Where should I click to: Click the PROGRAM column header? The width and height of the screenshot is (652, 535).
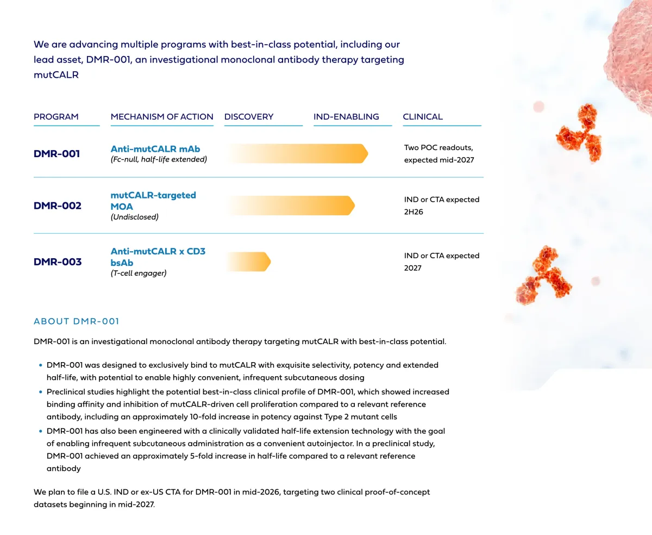tap(56, 117)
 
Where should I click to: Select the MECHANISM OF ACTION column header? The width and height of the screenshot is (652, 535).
tap(162, 117)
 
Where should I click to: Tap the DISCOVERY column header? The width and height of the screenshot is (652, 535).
tap(249, 117)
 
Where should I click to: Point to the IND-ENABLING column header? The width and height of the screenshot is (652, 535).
tap(346, 117)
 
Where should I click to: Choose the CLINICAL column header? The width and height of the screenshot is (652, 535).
tap(423, 117)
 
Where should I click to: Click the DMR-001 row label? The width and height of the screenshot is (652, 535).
tap(57, 154)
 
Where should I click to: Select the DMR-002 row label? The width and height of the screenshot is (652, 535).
tap(58, 206)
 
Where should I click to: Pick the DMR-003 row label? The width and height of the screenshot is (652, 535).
tap(58, 262)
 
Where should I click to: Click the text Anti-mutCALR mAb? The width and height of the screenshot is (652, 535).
tap(155, 149)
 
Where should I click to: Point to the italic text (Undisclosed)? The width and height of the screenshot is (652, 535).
tap(135, 217)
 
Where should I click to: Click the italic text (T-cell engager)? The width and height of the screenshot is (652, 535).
tap(139, 273)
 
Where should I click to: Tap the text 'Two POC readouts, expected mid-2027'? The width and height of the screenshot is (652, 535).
tap(439, 154)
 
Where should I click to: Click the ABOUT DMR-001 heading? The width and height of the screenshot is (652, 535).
tap(76, 321)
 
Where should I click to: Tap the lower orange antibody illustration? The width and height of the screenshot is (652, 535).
tap(543, 276)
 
